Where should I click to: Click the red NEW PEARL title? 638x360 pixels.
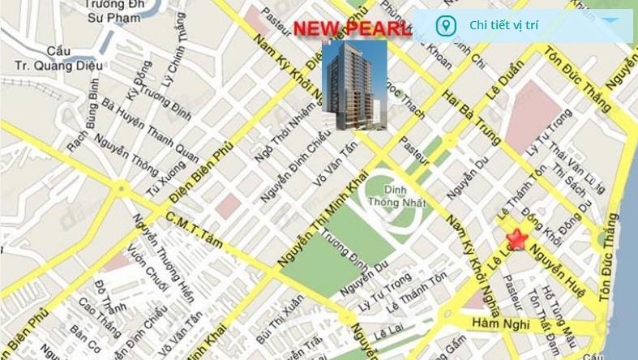coord(352,29)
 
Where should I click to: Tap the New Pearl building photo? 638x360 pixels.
coord(354,84)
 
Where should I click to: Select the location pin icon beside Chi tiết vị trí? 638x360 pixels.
coord(444,25)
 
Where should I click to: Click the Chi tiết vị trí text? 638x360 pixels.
coord(503,25)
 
